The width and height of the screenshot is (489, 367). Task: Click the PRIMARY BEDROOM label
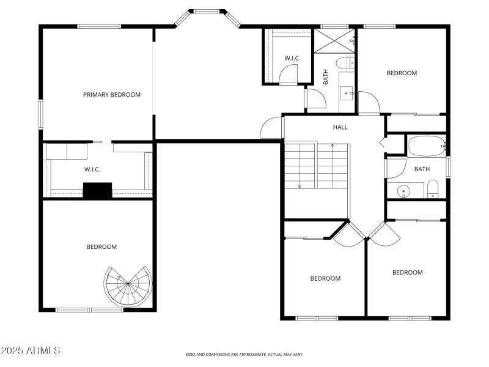tap(112, 95)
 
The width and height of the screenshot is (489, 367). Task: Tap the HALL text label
tap(340, 127)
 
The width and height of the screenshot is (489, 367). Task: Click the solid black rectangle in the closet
tap(97, 191)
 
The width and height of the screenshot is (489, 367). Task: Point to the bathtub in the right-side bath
tap(427, 147)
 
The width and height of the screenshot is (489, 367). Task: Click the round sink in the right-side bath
tap(403, 191)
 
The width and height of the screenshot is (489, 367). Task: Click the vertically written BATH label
tap(326, 76)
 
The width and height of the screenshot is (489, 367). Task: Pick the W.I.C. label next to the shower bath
tap(292, 58)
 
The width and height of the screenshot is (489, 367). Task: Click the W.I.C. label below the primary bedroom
tap(92, 169)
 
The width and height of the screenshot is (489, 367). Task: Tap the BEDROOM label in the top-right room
tap(402, 73)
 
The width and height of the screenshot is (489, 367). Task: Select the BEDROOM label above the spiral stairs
tap(101, 247)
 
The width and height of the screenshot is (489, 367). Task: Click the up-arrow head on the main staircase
tap(333, 146)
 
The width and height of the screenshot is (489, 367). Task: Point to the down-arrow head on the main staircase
tap(300, 187)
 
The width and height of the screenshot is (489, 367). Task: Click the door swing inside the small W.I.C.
tap(288, 74)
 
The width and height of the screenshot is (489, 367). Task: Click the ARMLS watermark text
tap(31, 351)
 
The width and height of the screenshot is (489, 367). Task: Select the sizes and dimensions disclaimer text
tap(244, 354)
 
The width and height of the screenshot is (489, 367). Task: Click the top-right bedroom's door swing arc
tap(369, 101)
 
